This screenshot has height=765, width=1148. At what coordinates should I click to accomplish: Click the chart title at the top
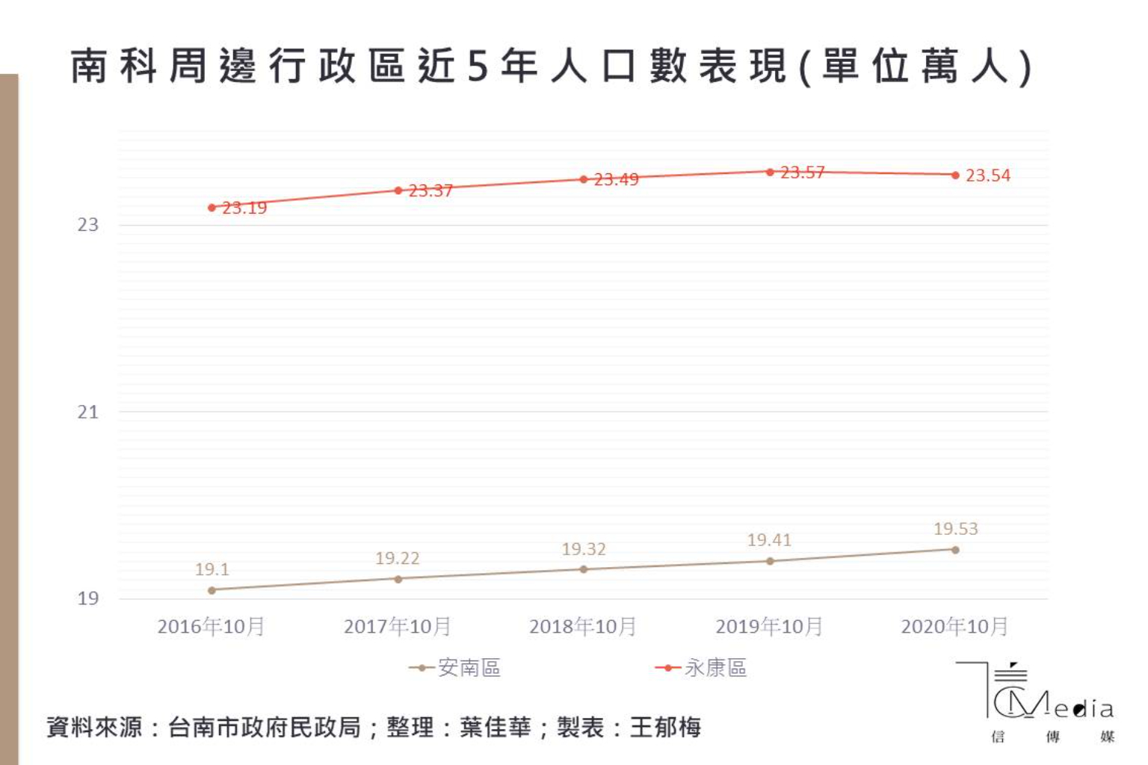point(551,66)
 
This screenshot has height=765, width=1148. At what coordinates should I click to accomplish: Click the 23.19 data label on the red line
point(244,208)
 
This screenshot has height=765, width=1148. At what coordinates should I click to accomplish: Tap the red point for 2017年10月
point(398,191)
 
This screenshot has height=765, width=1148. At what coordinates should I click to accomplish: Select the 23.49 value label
point(616,179)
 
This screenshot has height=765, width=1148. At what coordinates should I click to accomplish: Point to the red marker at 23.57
point(770,172)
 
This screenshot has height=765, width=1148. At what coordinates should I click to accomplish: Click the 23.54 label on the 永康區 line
point(987,176)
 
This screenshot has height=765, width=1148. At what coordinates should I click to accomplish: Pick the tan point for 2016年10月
point(212,590)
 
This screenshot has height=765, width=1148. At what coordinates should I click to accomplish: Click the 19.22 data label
point(397,558)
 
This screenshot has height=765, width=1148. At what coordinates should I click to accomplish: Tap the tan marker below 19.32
point(584,569)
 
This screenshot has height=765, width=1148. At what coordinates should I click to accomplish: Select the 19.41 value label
point(769,539)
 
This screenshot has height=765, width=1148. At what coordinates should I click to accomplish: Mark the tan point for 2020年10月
point(955,550)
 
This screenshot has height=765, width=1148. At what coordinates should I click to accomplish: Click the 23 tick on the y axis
point(87,225)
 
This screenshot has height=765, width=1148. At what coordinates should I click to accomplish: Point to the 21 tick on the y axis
point(87,412)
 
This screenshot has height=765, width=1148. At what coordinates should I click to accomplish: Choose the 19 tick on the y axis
point(87,598)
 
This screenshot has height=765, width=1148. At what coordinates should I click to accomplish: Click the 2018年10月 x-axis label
point(583,626)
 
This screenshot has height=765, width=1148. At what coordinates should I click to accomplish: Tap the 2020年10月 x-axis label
point(954,626)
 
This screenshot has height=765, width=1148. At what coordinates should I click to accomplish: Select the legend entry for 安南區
point(455,667)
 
